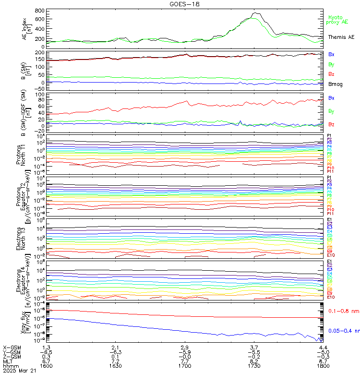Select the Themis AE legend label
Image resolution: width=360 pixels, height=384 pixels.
click(341, 37)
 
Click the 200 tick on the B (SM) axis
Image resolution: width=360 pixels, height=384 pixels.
click(40, 52)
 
